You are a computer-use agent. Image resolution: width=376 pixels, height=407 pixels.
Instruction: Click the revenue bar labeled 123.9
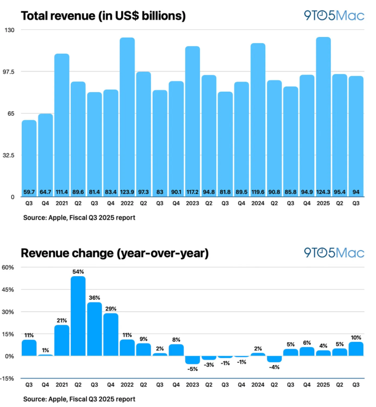[127, 116]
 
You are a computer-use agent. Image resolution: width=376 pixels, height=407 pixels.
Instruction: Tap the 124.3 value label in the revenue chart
[323, 193]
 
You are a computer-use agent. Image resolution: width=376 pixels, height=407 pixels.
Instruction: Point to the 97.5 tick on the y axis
[10, 71]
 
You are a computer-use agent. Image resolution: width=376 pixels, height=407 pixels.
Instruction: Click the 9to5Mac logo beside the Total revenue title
[334, 15]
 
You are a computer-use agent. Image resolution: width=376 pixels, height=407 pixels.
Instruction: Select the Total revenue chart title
[103, 16]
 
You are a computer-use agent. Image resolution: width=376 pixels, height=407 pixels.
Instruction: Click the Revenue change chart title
[114, 253]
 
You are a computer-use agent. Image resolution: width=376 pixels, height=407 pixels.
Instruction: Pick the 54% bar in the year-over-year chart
[78, 316]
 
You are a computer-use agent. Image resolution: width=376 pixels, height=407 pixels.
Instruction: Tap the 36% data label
[94, 298]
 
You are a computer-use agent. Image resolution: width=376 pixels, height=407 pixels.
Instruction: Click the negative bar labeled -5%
[193, 360]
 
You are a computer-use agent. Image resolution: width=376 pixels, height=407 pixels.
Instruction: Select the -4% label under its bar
[274, 367]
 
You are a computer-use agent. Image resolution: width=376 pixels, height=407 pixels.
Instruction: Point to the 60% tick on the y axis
[10, 267]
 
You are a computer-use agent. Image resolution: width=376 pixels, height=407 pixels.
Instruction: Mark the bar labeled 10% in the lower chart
[356, 349]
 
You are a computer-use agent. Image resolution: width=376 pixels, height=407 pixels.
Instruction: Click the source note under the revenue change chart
[79, 399]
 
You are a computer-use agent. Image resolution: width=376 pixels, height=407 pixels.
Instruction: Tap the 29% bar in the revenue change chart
[111, 335]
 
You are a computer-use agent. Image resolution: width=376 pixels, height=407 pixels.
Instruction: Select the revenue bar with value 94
[356, 136]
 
